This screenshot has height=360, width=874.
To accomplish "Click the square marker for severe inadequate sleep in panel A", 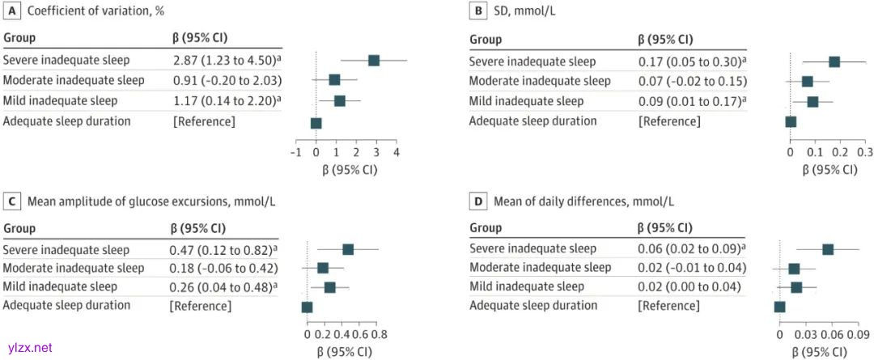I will [374, 61].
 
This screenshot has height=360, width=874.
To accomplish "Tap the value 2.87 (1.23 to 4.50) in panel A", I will [224, 61].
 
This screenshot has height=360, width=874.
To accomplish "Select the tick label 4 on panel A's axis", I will [397, 153].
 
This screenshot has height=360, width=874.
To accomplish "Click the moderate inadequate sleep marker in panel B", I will [807, 82].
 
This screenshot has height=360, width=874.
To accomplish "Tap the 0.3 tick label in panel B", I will [865, 151].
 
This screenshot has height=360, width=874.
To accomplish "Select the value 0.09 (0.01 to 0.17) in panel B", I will [689, 101].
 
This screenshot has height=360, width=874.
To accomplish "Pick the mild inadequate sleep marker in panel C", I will [329, 287].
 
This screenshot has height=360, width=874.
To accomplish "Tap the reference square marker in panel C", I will [307, 307].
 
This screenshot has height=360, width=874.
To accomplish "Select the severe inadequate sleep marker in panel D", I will [828, 249].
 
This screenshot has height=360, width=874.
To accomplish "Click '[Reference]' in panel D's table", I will [668, 306].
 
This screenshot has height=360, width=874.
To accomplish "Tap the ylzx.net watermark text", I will [28, 348].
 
